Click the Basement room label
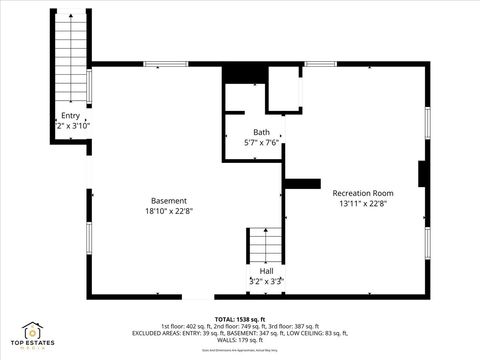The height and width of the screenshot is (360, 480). [x=168, y=200]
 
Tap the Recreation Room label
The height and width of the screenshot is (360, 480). [x=362, y=193]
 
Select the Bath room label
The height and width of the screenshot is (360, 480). [x=261, y=132]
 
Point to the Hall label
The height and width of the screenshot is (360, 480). [x=266, y=271]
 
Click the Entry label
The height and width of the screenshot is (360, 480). [x=70, y=115]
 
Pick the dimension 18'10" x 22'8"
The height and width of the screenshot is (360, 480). [x=168, y=211]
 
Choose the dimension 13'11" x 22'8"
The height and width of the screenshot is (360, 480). [x=362, y=204]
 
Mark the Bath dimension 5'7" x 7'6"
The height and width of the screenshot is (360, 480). [x=261, y=143]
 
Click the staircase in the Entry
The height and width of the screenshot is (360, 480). [x=70, y=60]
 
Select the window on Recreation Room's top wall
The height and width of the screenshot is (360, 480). [x=320, y=64]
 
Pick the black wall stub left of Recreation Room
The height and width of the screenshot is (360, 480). [x=302, y=183]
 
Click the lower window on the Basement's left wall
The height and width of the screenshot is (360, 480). [x=89, y=241]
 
